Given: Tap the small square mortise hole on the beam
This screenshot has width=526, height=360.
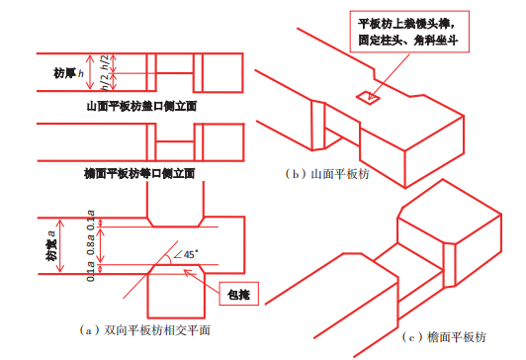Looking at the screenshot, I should [368, 96].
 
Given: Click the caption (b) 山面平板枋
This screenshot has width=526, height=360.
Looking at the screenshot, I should [326, 174].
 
